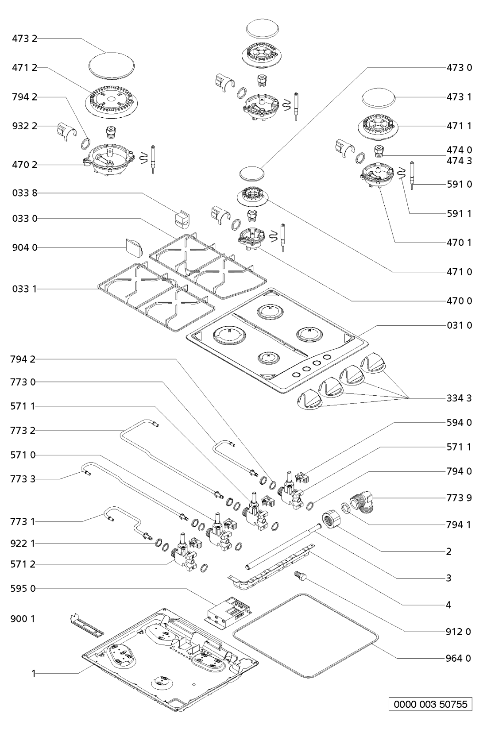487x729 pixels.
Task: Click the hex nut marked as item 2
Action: [x=330, y=518]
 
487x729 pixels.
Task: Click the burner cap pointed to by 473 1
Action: [x=379, y=98]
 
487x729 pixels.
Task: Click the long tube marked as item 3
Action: [x=283, y=544]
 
